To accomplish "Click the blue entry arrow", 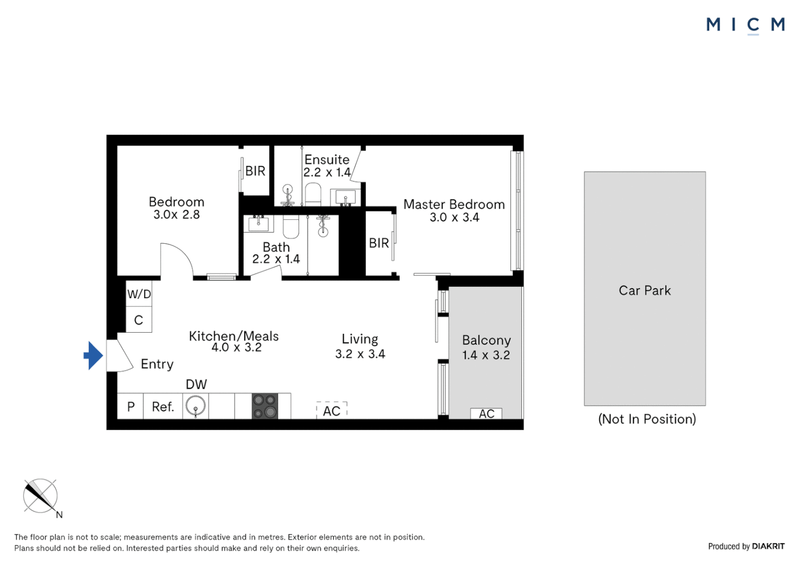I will click(x=94, y=356).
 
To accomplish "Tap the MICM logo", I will click(x=745, y=25).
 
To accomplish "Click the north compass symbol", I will click(x=40, y=496).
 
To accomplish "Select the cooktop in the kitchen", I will click(x=265, y=406).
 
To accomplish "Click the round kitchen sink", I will click(x=196, y=406).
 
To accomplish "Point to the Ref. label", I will click(x=163, y=407).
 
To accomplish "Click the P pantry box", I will click(x=131, y=407).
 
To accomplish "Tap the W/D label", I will click(x=139, y=294).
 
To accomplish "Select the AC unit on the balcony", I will click(x=486, y=414).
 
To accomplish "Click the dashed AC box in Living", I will click(x=332, y=411).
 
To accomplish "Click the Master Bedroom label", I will click(x=454, y=205).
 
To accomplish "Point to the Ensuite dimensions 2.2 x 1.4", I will click(x=327, y=172).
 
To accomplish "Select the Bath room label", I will click(x=276, y=247).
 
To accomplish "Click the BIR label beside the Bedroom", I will click(x=255, y=171).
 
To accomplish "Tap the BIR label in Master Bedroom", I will click(x=379, y=243).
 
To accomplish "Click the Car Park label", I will click(x=644, y=291).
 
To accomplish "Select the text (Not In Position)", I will click(x=647, y=419).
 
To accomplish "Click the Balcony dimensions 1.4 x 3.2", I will click(x=486, y=355).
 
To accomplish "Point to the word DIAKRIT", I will click(x=768, y=546).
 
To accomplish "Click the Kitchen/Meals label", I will click(x=234, y=336).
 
